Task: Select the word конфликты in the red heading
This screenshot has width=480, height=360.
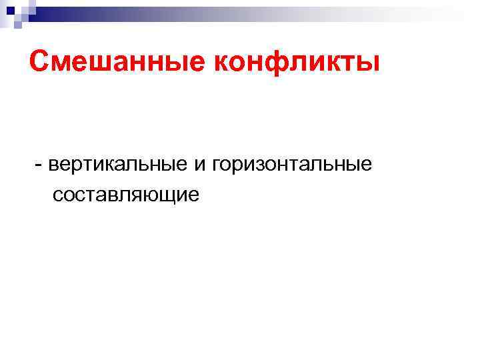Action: [296, 62]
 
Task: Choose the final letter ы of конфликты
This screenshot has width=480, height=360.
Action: [368, 62]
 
